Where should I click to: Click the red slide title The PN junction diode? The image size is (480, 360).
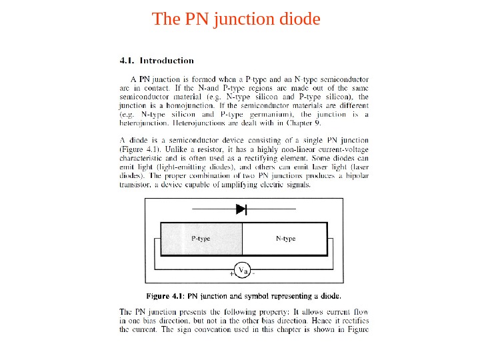pyautogui.click(x=236, y=19)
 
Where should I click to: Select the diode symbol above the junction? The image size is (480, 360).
pyautogui.click(x=241, y=209)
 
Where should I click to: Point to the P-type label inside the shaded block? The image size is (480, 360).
pyautogui.click(x=201, y=238)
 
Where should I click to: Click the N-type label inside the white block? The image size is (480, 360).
pyautogui.click(x=285, y=238)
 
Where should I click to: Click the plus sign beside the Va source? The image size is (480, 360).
pyautogui.click(x=231, y=273)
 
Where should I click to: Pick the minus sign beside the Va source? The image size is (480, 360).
pyautogui.click(x=255, y=273)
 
